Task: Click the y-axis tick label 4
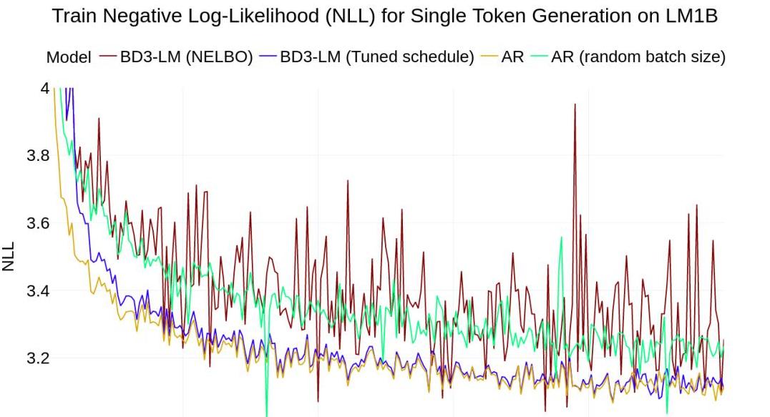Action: pos(45,88)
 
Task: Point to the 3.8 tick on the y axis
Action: pos(37,155)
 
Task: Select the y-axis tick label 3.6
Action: pos(37,223)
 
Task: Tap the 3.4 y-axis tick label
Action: pos(37,290)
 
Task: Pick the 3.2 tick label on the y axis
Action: pos(37,358)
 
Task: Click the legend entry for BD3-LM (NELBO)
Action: pos(186,57)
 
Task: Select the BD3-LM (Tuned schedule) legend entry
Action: pos(376,57)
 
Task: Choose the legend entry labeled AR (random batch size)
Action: pos(638,57)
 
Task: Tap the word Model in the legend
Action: pos(69,57)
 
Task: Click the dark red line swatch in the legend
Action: pos(107,57)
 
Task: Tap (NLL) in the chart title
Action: pos(334,17)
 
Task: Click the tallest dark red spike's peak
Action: pos(574,104)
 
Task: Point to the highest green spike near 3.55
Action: pos(561,237)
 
